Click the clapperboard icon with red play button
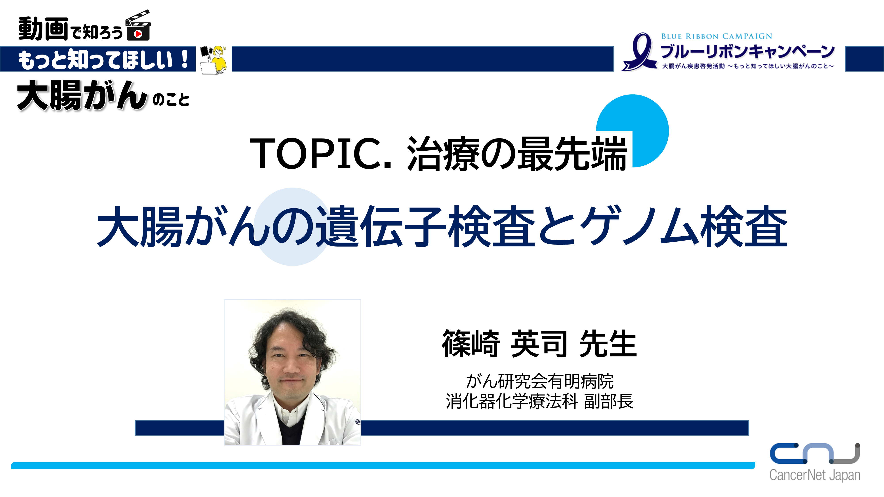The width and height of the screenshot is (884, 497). [138, 26]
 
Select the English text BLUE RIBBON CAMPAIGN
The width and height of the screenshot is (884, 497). [716, 36]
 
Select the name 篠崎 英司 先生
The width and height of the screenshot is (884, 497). [539, 344]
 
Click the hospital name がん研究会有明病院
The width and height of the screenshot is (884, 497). [540, 381]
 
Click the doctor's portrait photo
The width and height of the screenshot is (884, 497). [292, 372]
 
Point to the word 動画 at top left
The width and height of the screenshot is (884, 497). [43, 29]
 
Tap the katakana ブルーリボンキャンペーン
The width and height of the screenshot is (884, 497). [747, 51]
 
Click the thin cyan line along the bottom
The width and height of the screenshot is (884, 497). [383, 465]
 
